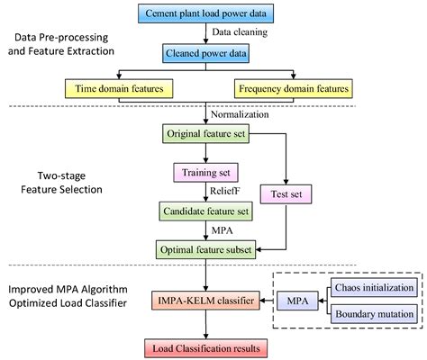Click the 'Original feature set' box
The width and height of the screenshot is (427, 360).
pos(208,134)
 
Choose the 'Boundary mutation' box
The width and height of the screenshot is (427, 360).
pos(373,313)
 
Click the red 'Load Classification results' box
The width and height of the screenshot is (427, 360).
pos(208,345)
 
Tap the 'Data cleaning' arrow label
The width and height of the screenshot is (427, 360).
pos(239,33)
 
